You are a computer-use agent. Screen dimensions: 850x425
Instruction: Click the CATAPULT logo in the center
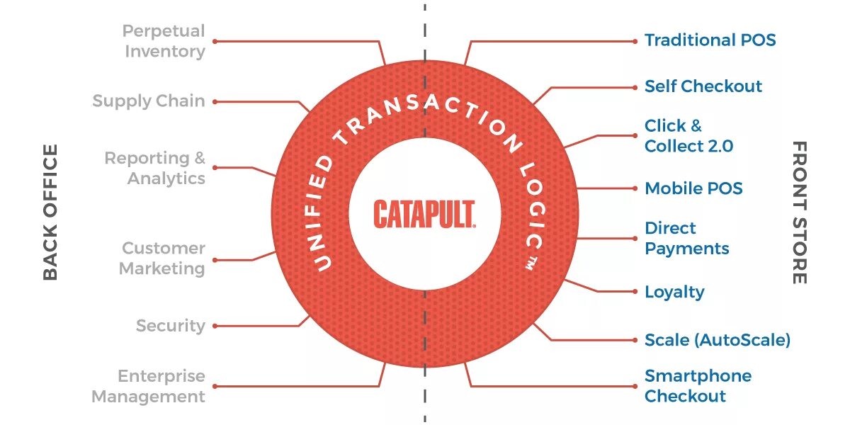pyautogui.click(x=424, y=214)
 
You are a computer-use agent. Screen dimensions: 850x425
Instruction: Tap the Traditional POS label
pyautogui.click(x=710, y=40)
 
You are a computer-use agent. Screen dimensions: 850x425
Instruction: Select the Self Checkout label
pyautogui.click(x=703, y=86)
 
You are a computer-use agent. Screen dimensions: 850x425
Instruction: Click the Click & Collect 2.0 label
pyautogui.click(x=688, y=136)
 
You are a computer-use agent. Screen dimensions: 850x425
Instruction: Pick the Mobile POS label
pyautogui.click(x=693, y=188)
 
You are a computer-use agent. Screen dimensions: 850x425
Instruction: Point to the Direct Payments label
pyautogui.click(x=686, y=238)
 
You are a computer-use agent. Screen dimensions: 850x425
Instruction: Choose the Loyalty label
pyautogui.click(x=674, y=292)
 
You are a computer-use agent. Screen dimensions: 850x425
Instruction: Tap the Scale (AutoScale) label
pyautogui.click(x=717, y=340)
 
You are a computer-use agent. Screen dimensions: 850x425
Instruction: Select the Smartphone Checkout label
pyautogui.click(x=698, y=386)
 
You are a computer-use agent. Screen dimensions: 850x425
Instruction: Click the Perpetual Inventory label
pyautogui.click(x=164, y=41)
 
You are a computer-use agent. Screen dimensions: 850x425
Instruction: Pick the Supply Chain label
pyautogui.click(x=149, y=101)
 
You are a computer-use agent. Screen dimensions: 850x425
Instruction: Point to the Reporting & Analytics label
pyautogui.click(x=155, y=168)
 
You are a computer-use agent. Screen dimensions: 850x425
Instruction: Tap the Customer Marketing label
pyautogui.click(x=162, y=259)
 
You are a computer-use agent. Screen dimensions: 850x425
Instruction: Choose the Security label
pyautogui.click(x=171, y=326)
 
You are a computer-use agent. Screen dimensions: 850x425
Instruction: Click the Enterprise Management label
pyautogui.click(x=149, y=386)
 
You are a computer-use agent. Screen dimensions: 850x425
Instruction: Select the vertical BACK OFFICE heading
pyautogui.click(x=50, y=212)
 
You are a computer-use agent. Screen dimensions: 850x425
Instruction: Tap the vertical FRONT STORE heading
pyautogui.click(x=799, y=212)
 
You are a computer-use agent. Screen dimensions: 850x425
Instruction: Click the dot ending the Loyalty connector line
pyautogui.click(x=635, y=292)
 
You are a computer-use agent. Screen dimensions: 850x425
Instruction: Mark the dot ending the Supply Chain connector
pyautogui.click(x=215, y=101)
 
